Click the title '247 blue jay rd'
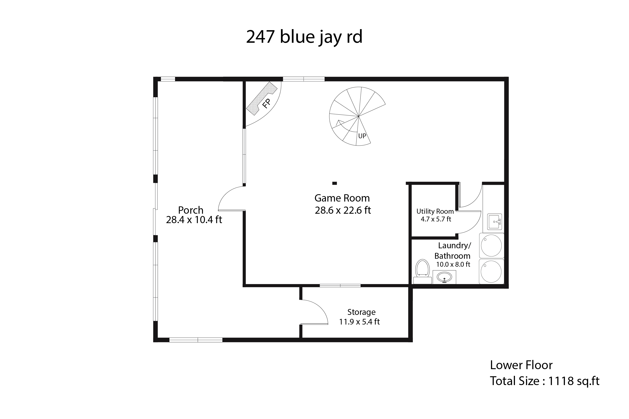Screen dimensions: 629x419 pyautogui.click(x=304, y=37)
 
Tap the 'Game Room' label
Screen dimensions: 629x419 pyautogui.click(x=342, y=198)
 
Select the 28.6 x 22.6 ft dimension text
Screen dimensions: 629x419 pyautogui.click(x=343, y=210)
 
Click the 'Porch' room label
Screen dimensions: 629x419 pyautogui.click(x=191, y=210)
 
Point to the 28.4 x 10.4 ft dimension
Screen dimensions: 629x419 pyautogui.click(x=194, y=220)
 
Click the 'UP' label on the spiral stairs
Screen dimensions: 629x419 pyautogui.click(x=362, y=136)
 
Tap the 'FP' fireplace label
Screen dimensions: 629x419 pyautogui.click(x=266, y=103)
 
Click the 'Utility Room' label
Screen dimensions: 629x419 pyautogui.click(x=435, y=211)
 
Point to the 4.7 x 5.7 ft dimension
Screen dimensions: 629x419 pyautogui.click(x=436, y=219)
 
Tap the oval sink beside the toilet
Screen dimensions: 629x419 pyautogui.click(x=444, y=277)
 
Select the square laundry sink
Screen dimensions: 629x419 pyautogui.click(x=494, y=222)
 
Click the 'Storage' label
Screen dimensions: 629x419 pyautogui.click(x=361, y=312)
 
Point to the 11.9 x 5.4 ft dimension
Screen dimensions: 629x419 pyautogui.click(x=359, y=322)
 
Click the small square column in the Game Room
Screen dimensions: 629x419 pyautogui.click(x=334, y=183)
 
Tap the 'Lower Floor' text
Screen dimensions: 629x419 pyautogui.click(x=521, y=365)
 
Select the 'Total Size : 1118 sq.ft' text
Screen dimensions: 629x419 pyautogui.click(x=545, y=381)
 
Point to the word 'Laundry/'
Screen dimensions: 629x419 pyautogui.click(x=455, y=246)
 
